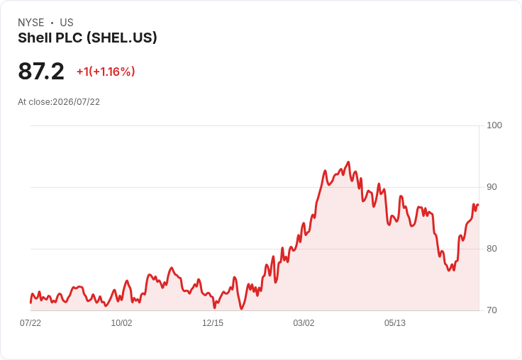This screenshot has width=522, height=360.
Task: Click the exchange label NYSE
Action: [x=31, y=23]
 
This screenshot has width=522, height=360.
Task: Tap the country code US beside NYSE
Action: [x=67, y=23]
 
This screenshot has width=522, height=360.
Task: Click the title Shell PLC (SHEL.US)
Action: [x=87, y=38]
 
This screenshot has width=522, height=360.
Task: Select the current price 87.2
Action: [x=41, y=71]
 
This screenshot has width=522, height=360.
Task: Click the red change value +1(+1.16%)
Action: [x=106, y=72]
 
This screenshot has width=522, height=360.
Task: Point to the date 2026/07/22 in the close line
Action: [x=76, y=102]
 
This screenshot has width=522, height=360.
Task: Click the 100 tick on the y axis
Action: [x=494, y=125]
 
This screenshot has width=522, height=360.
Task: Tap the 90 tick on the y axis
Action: [x=492, y=187]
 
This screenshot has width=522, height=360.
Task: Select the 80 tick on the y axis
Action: [x=492, y=249]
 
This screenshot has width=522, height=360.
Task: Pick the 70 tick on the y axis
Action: [x=492, y=310]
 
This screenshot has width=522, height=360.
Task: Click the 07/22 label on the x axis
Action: [x=30, y=323]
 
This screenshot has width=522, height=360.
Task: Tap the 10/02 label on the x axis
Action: [x=121, y=323]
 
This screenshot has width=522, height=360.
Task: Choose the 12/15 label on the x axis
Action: [x=213, y=323]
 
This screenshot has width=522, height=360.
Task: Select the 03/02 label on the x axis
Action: [x=304, y=323]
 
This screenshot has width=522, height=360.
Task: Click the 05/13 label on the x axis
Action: [x=395, y=323]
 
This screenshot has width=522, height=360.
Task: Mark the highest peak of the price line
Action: [x=348, y=162]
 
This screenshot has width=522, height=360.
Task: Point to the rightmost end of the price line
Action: [x=478, y=205]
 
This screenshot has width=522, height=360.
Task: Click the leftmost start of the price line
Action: [x=30, y=303]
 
